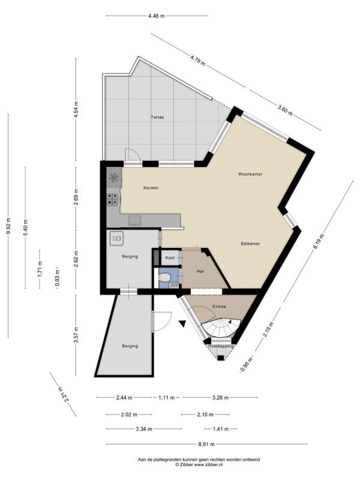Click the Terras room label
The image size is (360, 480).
[x=157, y=117]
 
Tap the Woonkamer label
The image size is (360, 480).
[x=250, y=174]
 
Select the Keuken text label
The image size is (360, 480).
[x=151, y=188]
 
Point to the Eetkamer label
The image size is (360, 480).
[x=250, y=244]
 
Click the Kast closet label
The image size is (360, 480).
[x=170, y=258]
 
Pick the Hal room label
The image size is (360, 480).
[x=200, y=272]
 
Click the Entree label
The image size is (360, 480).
[x=220, y=307]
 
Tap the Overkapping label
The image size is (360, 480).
[x=220, y=346]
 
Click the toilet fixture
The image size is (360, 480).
[x=164, y=277]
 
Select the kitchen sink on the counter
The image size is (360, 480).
[x=135, y=220]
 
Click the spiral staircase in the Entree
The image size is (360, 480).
[x=220, y=328]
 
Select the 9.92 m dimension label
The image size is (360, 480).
[x=8, y=226]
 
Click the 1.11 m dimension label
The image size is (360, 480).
[x=166, y=398]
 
